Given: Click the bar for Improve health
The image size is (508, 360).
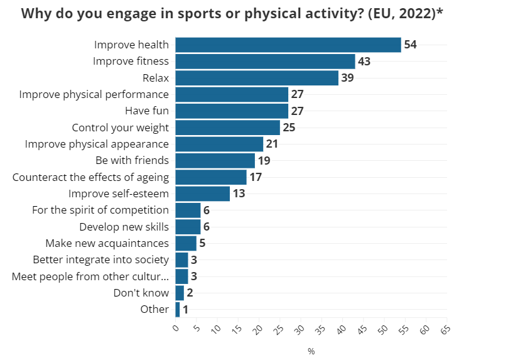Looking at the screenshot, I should pos(288,45).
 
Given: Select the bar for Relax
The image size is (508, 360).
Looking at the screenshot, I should pos(257,78).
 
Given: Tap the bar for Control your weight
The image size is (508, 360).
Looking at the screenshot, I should pos(227,128).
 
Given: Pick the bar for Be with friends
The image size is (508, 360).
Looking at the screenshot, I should pos(215,160).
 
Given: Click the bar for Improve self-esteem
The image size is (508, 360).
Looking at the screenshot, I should pos(202,194).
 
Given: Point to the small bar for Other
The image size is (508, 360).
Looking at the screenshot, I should pos(178,309).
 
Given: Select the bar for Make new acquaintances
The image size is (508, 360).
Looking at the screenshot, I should pos(186,243).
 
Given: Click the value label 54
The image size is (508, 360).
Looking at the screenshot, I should pos(411,45).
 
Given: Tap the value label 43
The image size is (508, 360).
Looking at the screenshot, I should pos(364,62).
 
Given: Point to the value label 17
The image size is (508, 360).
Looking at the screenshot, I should pos(256,177).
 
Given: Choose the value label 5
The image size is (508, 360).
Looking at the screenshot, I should pos(203,243).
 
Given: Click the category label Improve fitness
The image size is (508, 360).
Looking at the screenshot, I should pos(131,61).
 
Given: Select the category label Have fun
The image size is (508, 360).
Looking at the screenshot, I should pos(147,111).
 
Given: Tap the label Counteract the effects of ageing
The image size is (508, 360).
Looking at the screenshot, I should pos(90,177).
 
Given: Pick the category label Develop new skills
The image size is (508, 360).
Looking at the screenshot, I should pos(124,226).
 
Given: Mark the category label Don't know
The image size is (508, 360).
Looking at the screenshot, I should pos(141,293).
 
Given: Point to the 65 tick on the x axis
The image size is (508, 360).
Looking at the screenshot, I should pos(445,329).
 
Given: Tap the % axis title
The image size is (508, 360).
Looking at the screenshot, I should pos(311,351).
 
